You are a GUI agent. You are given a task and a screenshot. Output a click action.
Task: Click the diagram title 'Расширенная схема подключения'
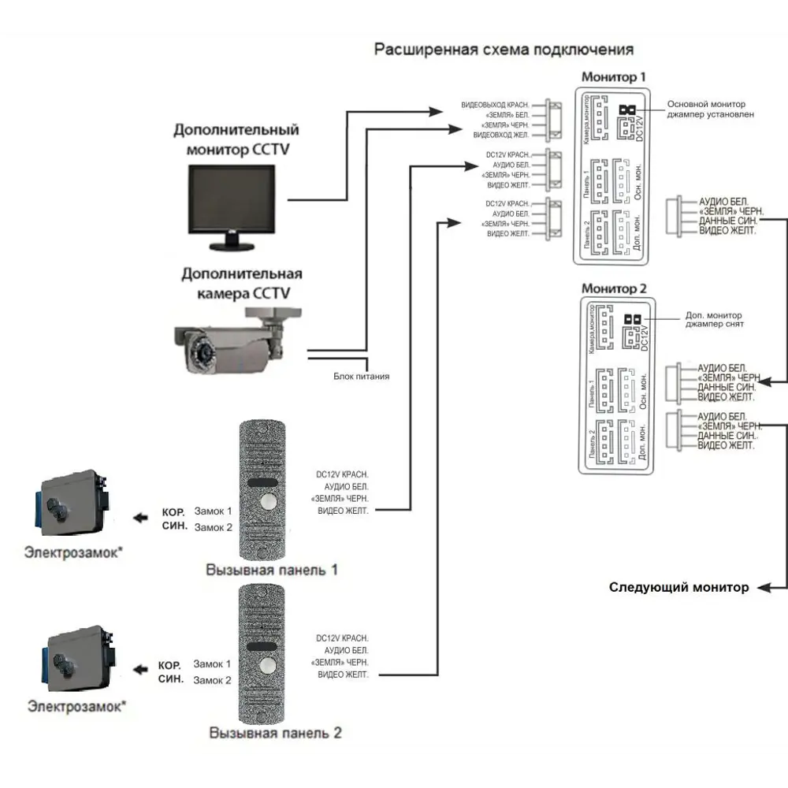click(x=504, y=50)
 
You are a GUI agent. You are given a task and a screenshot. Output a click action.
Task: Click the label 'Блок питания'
click(x=361, y=377)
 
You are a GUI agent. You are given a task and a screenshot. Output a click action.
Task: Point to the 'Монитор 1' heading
click(x=613, y=77)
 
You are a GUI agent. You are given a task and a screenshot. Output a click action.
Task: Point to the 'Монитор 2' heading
click(x=613, y=289)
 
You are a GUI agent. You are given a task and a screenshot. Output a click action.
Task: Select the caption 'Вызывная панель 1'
click(x=272, y=569)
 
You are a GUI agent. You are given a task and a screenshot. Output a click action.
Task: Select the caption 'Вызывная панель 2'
click(x=275, y=733)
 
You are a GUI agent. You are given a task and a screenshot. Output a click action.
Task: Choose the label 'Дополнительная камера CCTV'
click(x=242, y=284)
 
